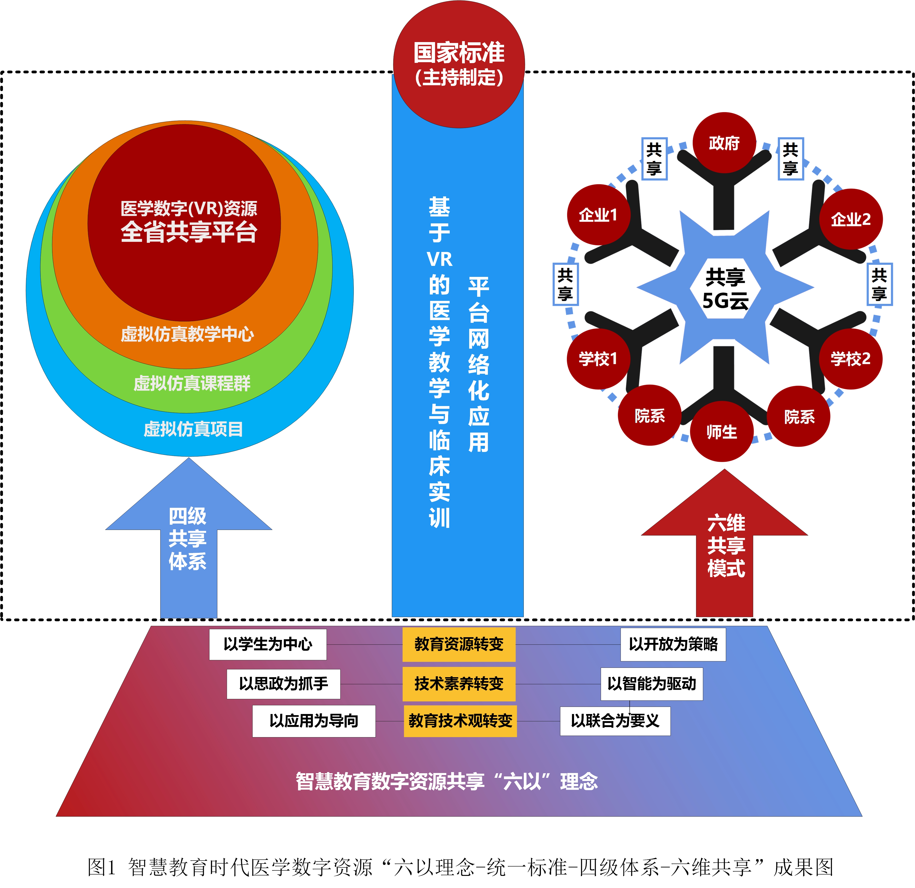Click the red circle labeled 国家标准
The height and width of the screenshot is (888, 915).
459,64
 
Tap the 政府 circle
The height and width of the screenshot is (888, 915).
724,142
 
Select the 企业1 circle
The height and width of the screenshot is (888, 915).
598,215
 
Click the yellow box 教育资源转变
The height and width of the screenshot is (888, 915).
459,644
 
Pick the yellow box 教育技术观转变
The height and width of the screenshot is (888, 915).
460,721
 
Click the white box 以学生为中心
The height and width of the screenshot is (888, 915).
268,644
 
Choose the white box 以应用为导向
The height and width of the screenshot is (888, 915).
314,721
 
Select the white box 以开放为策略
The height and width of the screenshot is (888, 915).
673,644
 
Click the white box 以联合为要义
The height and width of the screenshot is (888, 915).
615,721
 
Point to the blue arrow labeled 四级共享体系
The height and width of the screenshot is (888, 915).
188,540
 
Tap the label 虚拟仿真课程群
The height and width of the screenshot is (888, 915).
192,383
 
